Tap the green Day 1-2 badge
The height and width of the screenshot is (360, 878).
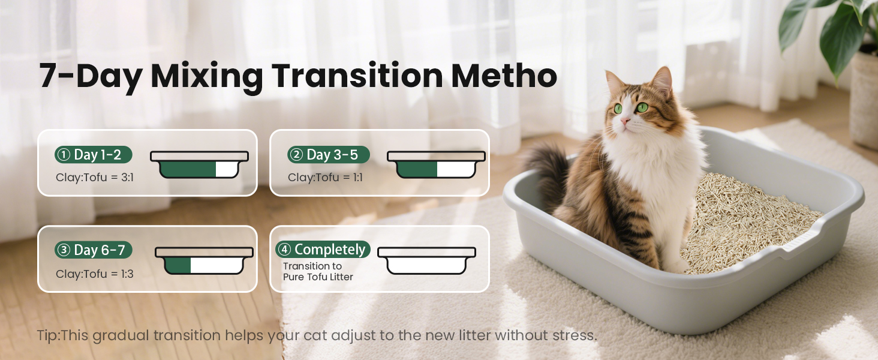(93, 155)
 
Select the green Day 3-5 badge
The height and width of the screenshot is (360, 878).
(329, 155)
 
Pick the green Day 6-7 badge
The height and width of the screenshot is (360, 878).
(93, 250)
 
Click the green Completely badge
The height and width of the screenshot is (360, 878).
(323, 250)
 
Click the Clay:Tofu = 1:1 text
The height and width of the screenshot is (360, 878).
(325, 178)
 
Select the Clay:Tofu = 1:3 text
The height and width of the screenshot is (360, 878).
(95, 274)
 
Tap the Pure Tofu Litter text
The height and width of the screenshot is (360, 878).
(318, 277)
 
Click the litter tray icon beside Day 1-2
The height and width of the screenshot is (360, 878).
(199, 164)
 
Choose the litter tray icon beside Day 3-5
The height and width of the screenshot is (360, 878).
(436, 164)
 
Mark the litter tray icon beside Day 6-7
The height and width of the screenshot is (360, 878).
(204, 261)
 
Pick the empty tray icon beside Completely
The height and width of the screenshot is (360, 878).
(426, 261)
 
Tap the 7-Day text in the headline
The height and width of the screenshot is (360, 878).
(90, 77)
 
